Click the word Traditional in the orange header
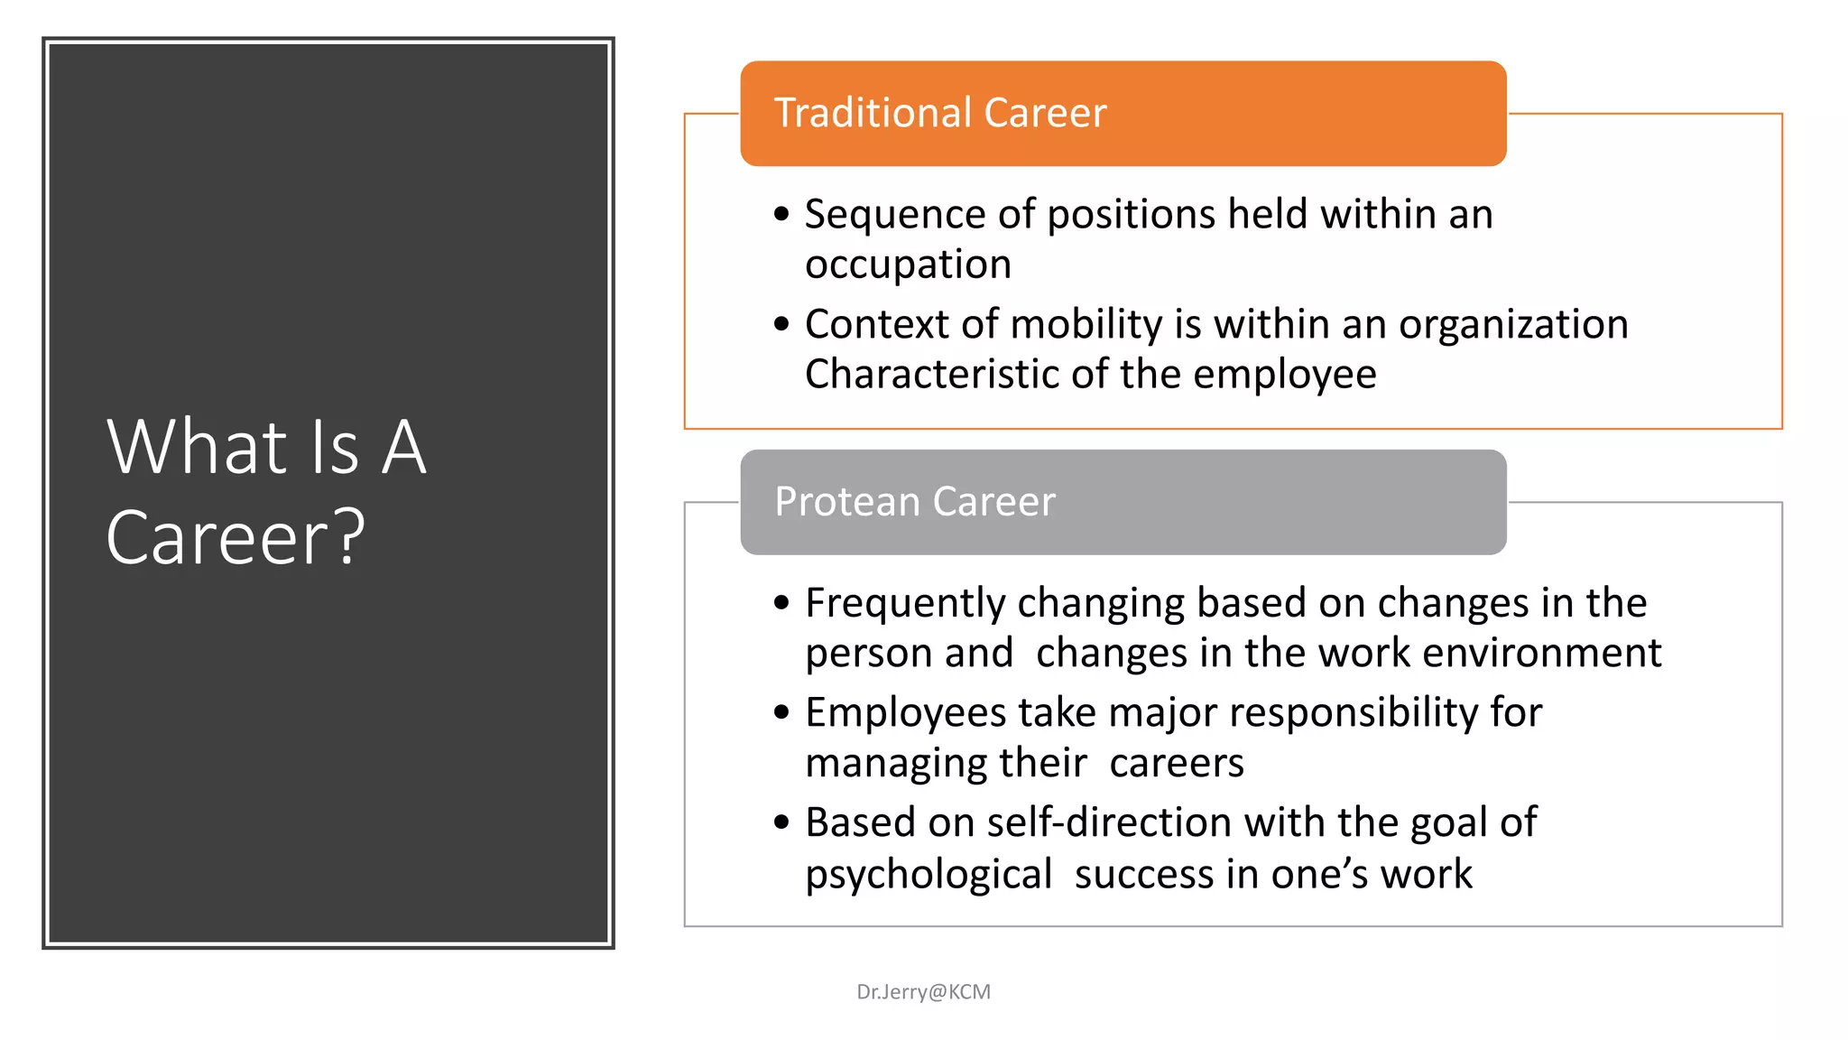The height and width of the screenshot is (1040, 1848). pyautogui.click(x=872, y=114)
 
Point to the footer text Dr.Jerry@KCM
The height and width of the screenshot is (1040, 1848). pyautogui.click(x=923, y=992)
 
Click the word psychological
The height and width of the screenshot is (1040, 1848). pyautogui.click(x=929, y=875)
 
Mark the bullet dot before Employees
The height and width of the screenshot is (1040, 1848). pyautogui.click(x=781, y=713)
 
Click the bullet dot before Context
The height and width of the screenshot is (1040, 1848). pyautogui.click(x=781, y=324)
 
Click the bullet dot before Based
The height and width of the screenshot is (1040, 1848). pyautogui.click(x=781, y=822)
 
